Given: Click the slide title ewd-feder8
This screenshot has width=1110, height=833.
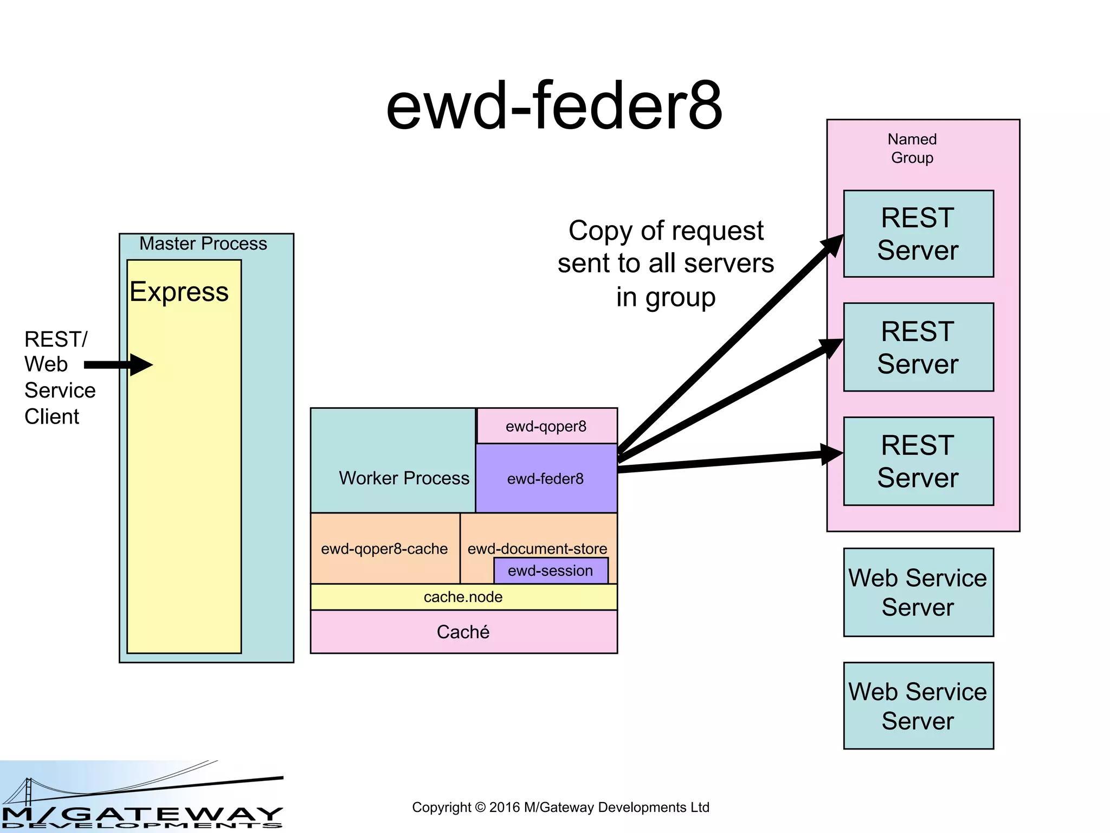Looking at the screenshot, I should pos(554,106).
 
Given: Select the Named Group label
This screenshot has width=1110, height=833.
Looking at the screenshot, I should pos(912,149).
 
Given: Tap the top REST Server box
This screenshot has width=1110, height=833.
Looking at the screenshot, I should pos(918,234).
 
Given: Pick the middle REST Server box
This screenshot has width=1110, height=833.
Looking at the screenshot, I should pos(918,347).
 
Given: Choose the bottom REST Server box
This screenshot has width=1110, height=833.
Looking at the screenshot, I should pos(918,461).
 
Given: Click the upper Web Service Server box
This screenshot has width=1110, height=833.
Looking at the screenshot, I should pos(918,592).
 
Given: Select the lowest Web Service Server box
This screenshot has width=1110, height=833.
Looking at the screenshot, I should pos(918,706).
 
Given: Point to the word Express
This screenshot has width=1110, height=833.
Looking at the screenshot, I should pos(179,292).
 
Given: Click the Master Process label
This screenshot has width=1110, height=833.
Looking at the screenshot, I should pos(203,244).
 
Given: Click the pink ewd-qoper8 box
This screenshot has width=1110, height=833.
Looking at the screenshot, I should pos(546,426).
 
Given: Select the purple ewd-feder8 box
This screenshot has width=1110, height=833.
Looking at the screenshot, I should pos(546,478).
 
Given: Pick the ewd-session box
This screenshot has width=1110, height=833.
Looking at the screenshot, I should pos(551,571).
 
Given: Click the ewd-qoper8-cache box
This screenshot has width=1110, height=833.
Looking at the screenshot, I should pos(384,549).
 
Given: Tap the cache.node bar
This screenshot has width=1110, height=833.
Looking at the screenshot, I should pos(463,597).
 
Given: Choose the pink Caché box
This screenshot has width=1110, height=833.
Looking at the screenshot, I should pos(463,632).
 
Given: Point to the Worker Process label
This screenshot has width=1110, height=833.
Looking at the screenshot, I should pos(404,478).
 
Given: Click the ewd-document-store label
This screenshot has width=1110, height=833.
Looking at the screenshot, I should pos(537,548).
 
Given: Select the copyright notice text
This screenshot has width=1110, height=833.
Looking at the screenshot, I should pos(560,807).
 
